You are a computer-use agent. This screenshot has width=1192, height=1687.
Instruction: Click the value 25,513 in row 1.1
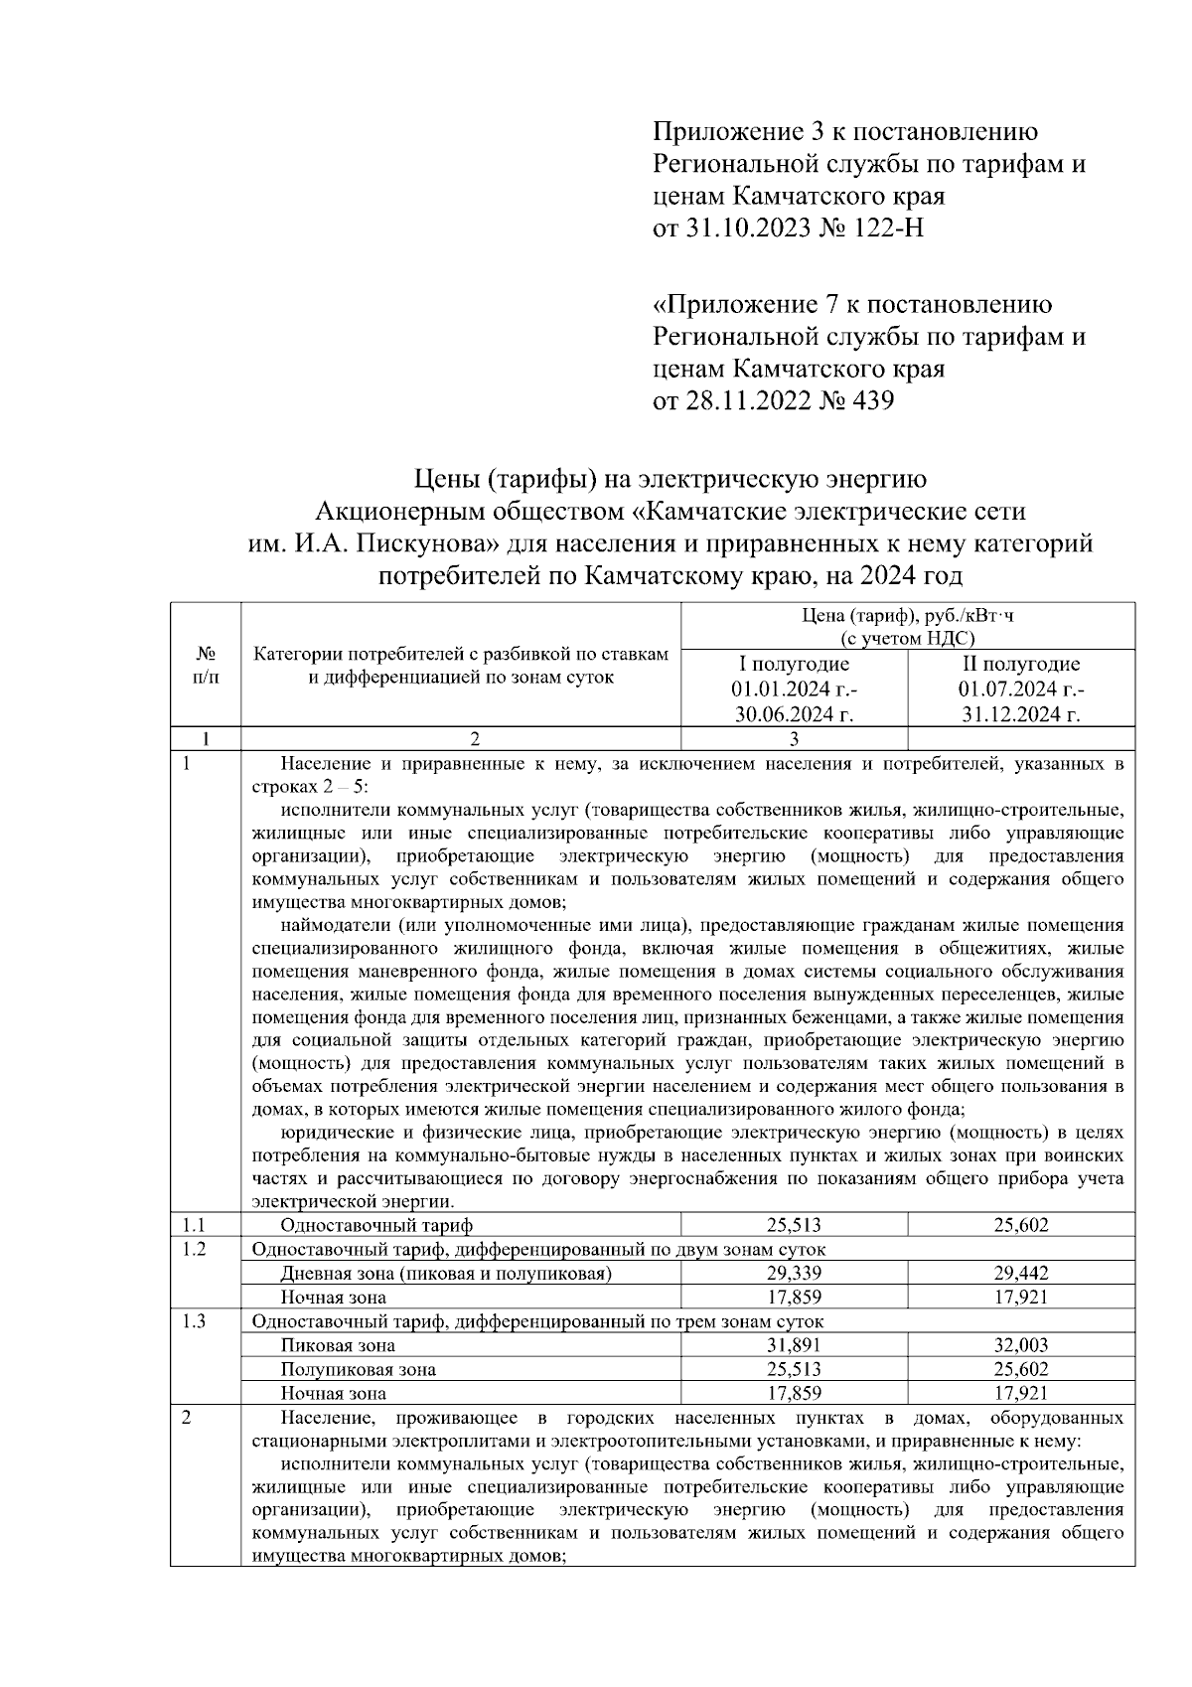(794, 1225)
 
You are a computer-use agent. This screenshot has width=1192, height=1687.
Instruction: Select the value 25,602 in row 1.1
(1021, 1225)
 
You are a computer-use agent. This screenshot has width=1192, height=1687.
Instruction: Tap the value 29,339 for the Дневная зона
(794, 1273)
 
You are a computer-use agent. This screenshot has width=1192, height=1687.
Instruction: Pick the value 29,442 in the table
(1021, 1273)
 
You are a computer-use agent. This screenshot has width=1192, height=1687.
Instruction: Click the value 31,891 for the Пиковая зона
(794, 1345)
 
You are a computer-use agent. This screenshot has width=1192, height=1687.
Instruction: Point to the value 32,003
(1021, 1345)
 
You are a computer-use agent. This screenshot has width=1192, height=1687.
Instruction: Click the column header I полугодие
(794, 664)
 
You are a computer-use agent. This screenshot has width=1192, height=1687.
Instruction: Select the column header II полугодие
(1021, 664)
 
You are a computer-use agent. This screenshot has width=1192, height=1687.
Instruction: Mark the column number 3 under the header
(794, 738)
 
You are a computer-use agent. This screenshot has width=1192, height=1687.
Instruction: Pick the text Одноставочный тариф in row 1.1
(377, 1225)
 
